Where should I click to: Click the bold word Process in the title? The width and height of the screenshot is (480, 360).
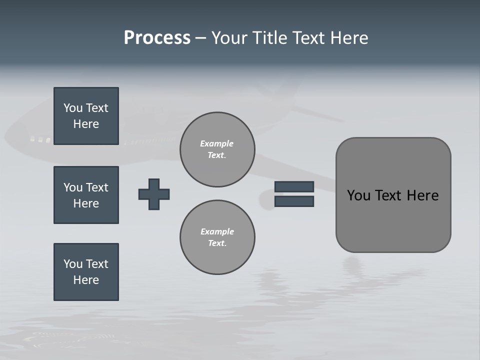(x=157, y=38)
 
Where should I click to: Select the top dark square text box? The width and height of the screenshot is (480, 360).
(x=86, y=116)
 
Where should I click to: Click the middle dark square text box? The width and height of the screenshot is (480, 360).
(x=86, y=195)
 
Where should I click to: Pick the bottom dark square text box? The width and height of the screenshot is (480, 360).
(x=86, y=272)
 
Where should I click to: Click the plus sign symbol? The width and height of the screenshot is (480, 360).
(x=154, y=194)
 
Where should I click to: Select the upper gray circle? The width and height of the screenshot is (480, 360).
(x=217, y=149)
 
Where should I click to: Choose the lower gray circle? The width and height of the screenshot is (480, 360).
(x=217, y=237)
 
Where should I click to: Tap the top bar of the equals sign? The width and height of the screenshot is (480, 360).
(x=294, y=186)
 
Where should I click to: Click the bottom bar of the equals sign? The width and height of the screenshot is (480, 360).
(x=294, y=201)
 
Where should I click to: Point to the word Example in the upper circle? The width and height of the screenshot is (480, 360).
(x=216, y=143)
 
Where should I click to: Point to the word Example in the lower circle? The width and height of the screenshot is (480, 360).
(x=217, y=231)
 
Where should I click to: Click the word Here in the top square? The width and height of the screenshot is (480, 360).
(x=86, y=124)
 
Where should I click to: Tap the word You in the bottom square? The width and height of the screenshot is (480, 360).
(x=73, y=264)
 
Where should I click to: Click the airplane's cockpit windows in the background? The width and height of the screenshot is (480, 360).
(x=40, y=139)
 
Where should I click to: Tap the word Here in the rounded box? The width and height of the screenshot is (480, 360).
(x=423, y=195)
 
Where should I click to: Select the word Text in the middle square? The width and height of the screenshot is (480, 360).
(x=96, y=187)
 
